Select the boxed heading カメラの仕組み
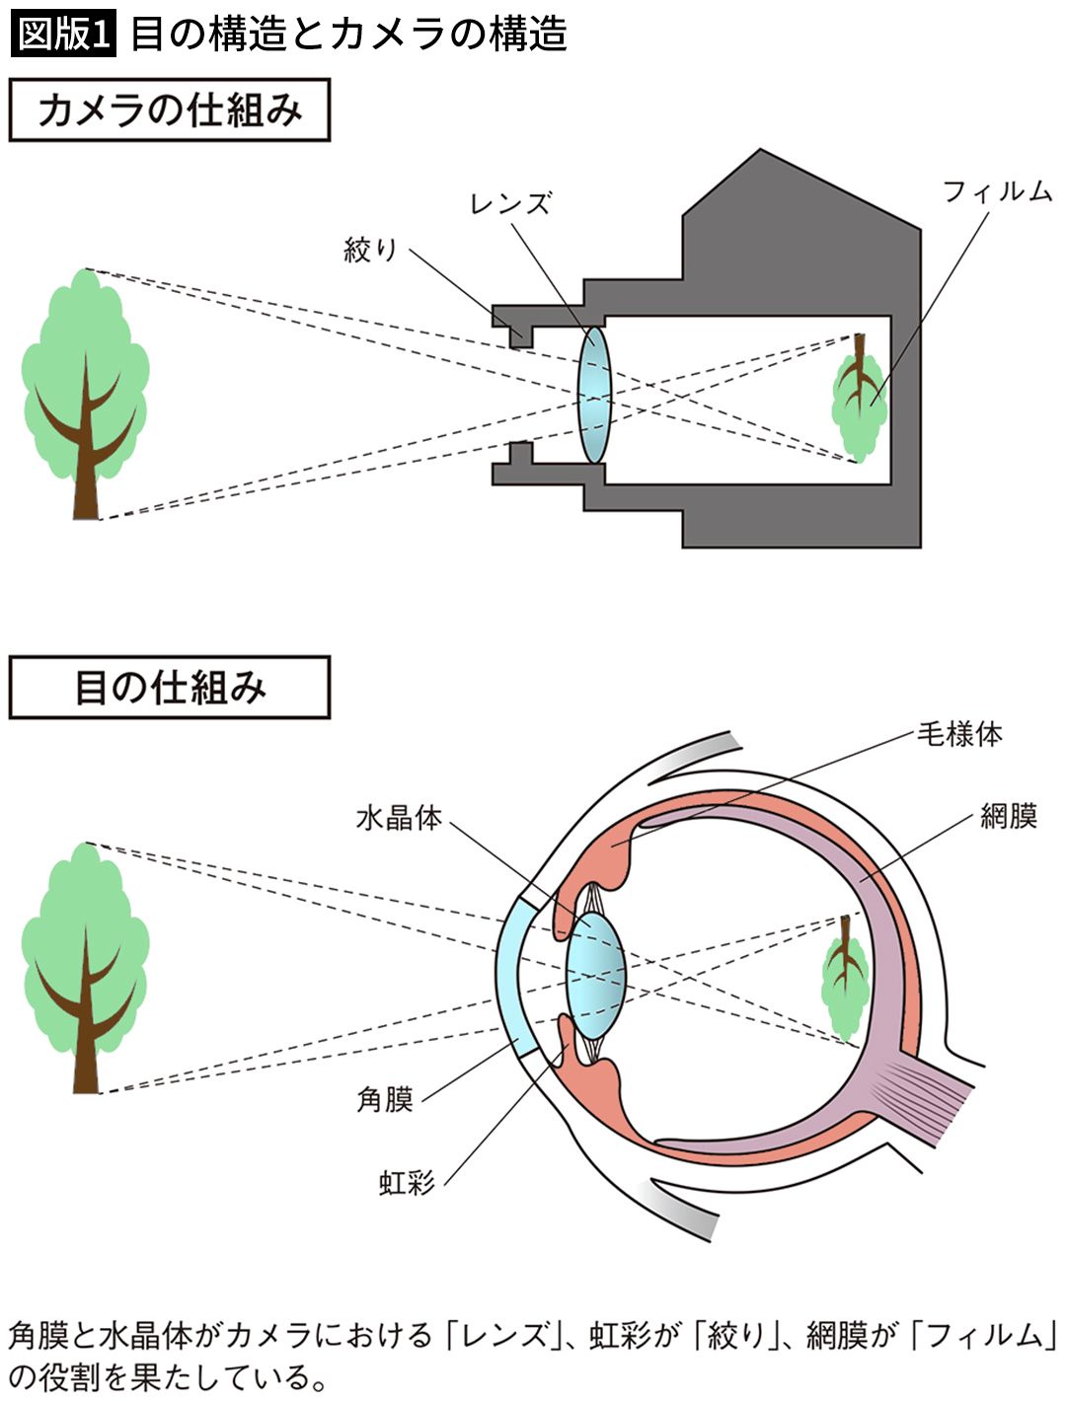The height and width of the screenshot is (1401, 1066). point(169,111)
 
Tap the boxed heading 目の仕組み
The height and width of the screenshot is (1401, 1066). point(169,688)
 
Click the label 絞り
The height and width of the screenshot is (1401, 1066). point(370,249)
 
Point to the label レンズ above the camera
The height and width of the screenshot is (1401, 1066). point(510,203)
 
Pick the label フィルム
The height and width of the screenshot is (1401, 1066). point(997,191)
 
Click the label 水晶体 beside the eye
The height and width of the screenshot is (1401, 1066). point(398,818)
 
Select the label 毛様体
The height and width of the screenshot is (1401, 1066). point(958,734)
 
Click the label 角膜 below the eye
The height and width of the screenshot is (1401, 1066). point(384,1099)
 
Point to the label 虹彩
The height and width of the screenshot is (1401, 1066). point(407,1182)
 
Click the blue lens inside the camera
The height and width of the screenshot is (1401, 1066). point(594,395)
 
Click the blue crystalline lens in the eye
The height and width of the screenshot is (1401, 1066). point(596,973)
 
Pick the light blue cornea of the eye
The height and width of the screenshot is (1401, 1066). point(514,972)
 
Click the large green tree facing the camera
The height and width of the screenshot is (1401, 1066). point(86,385)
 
